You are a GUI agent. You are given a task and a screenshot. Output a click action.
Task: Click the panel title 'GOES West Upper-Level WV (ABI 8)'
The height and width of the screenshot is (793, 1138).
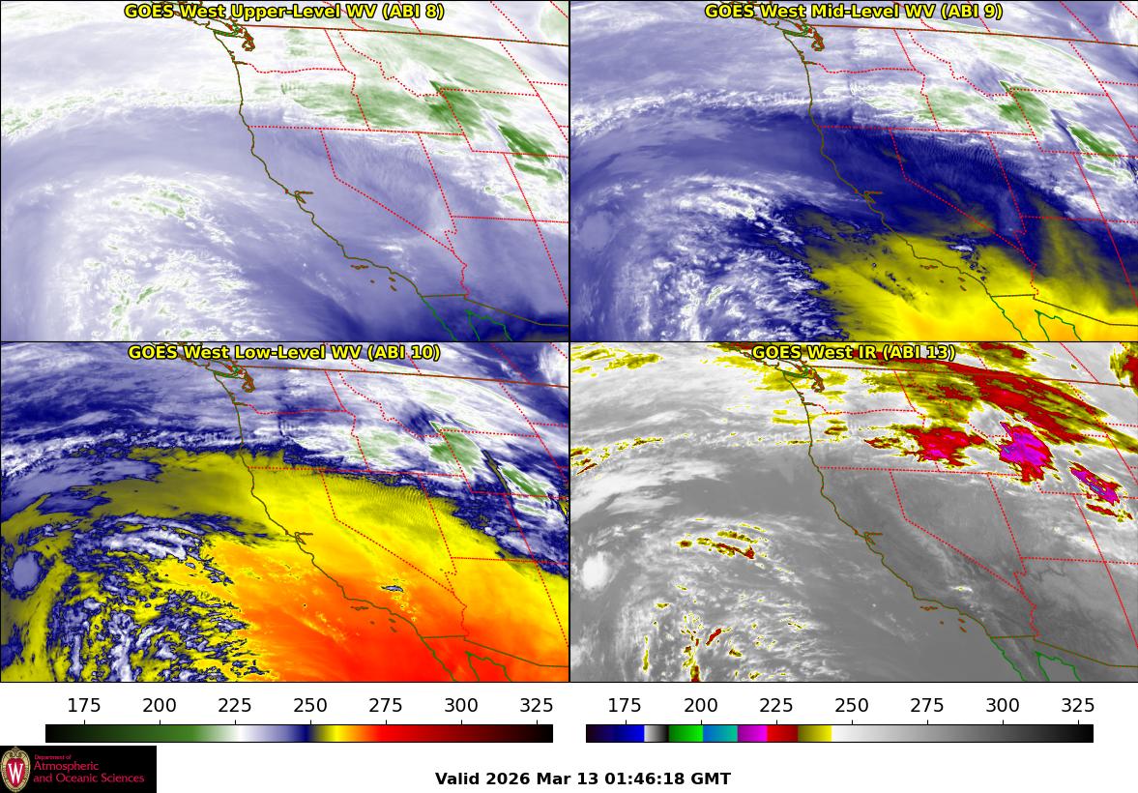284,12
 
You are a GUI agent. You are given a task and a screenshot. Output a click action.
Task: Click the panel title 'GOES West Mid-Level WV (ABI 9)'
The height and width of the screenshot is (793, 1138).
854,12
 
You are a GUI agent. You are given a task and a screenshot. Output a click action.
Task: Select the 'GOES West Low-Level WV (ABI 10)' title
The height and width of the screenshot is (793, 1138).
284,353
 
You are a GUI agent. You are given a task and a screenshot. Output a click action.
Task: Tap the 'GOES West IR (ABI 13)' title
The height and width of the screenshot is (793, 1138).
854,353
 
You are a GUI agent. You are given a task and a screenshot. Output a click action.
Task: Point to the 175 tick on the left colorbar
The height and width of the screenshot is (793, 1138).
85,705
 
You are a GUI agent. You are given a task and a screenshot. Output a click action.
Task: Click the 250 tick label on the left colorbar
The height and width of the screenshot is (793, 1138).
310,705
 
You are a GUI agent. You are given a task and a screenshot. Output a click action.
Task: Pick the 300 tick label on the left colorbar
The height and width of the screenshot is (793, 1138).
461,705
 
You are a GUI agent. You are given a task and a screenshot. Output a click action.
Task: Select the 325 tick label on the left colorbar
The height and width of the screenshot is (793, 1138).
537,705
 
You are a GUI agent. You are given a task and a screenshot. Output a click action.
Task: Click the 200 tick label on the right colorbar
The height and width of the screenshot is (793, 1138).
700,705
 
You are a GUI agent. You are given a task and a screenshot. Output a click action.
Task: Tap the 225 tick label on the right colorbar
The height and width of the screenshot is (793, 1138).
775,705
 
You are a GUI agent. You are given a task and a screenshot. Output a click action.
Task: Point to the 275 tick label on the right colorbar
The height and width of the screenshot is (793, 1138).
926,705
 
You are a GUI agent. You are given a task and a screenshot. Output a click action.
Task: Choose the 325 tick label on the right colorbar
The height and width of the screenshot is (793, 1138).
1077,705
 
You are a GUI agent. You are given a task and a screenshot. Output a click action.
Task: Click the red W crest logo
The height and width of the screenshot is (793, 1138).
15,769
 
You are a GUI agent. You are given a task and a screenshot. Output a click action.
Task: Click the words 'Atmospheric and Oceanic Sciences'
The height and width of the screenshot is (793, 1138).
89,772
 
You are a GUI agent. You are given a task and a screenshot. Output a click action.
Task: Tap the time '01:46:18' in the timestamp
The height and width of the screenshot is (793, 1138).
650,778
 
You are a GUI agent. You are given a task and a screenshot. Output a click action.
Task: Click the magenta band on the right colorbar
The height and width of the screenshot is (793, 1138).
752,733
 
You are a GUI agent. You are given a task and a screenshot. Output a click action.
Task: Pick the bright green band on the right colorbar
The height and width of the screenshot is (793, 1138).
686,733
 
